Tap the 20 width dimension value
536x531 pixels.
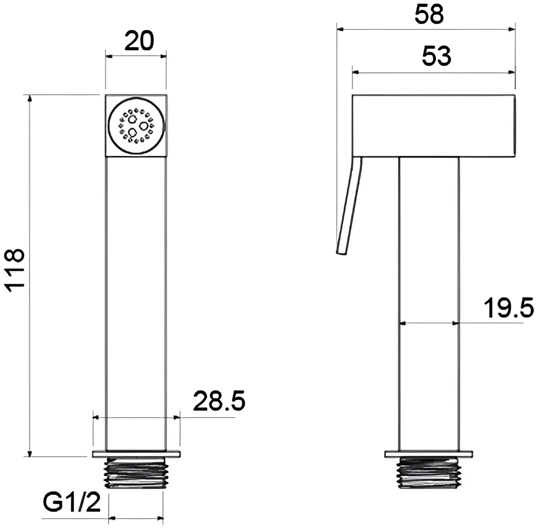[x=139, y=41]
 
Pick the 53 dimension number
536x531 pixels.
[x=437, y=56]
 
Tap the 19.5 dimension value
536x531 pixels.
[x=508, y=308]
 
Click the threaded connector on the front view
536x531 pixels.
[x=136, y=473]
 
